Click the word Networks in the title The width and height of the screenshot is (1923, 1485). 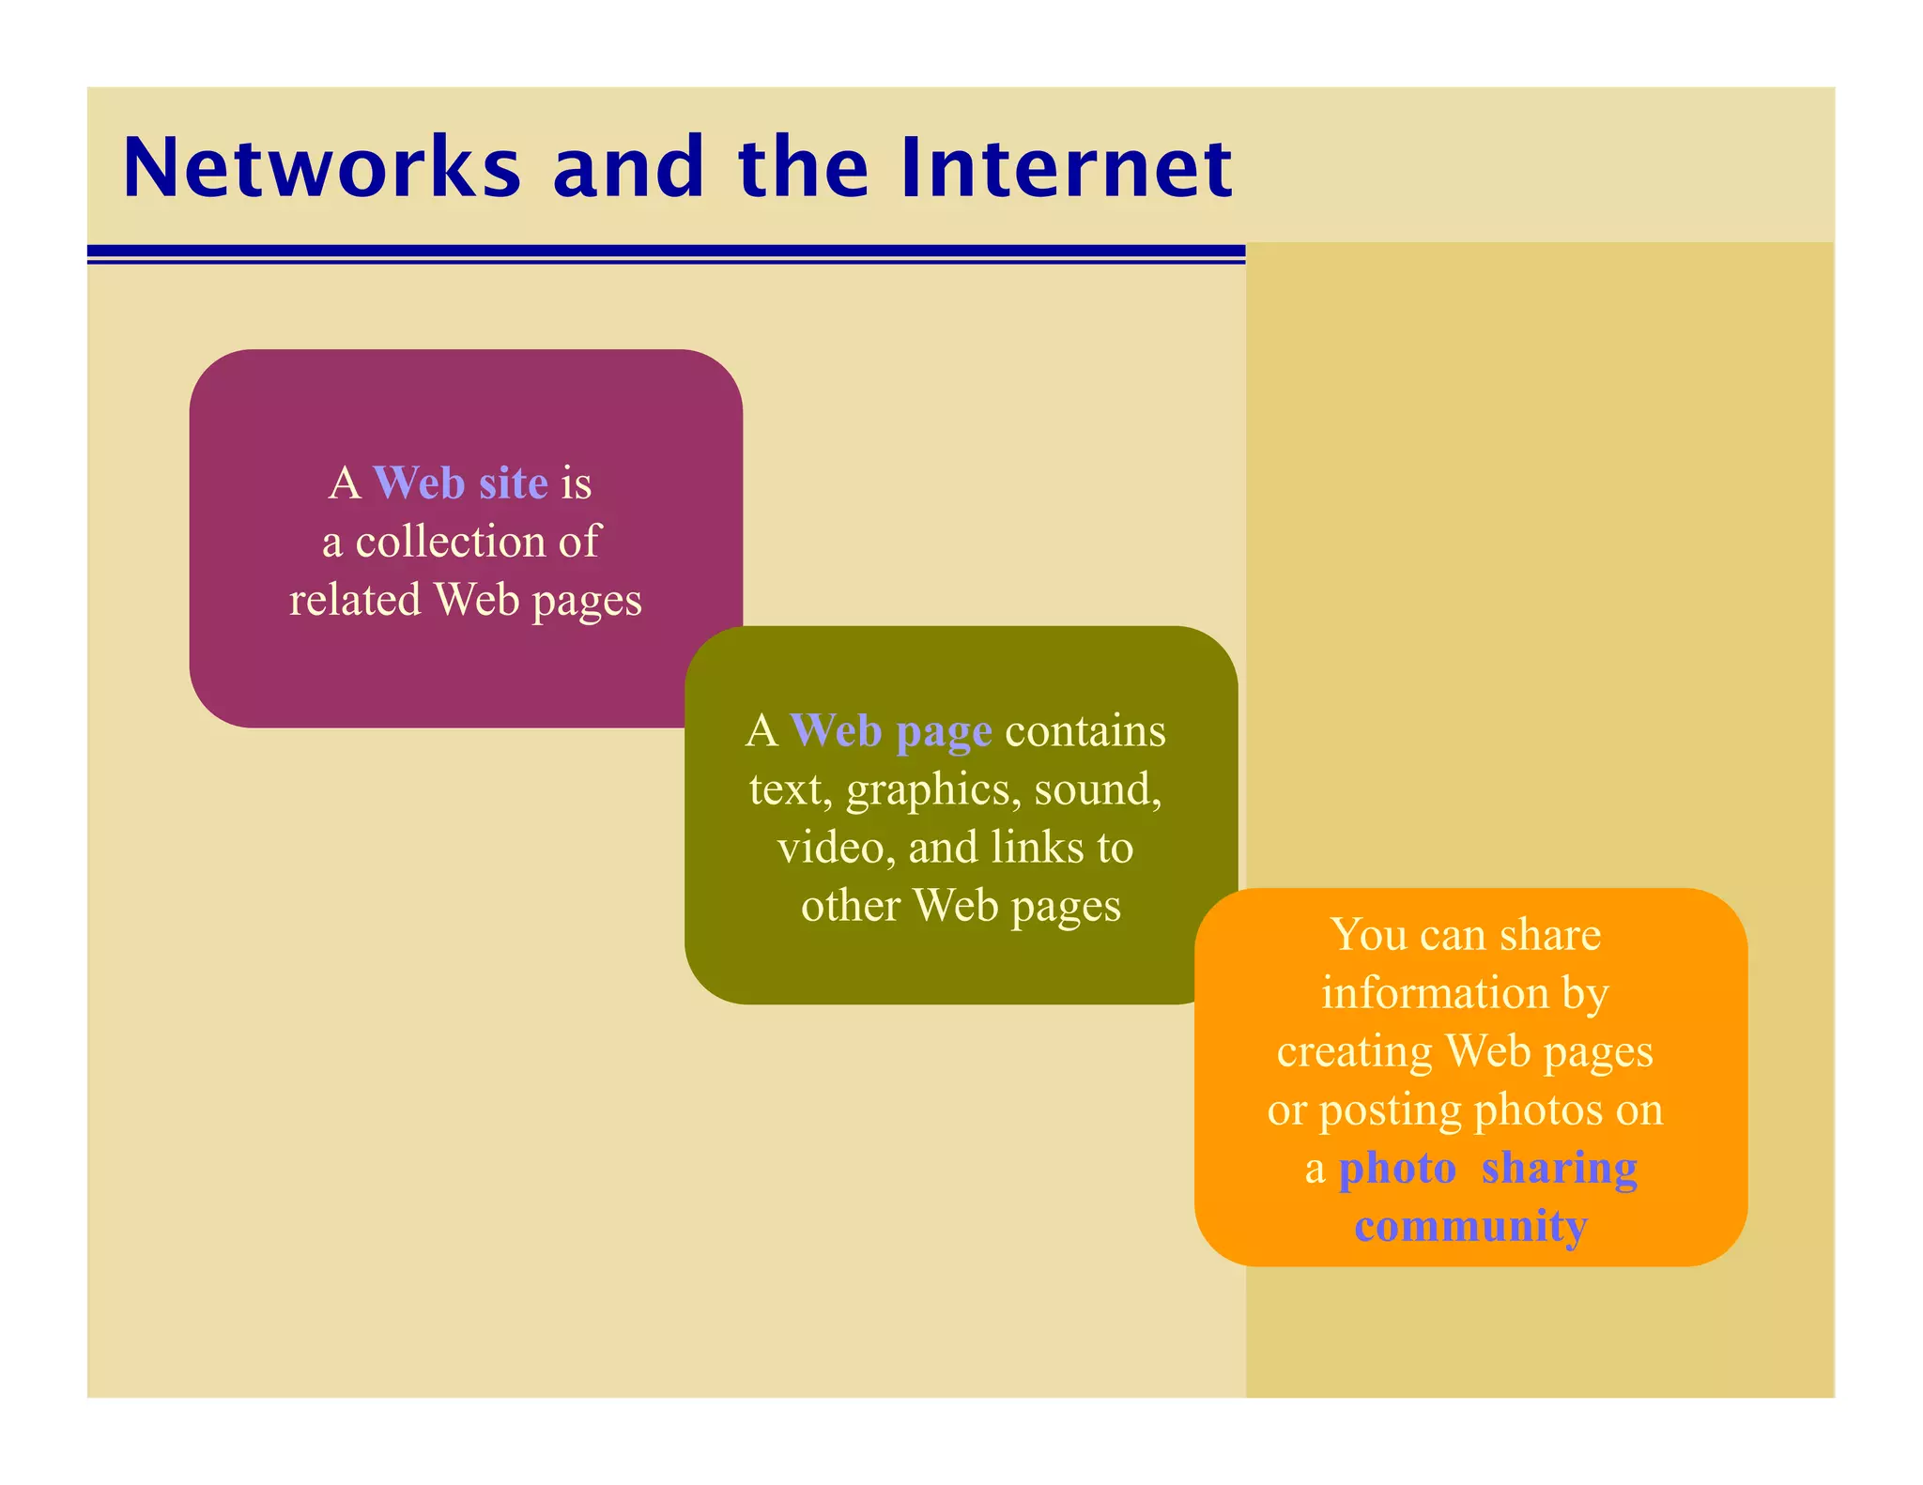pyautogui.click(x=321, y=168)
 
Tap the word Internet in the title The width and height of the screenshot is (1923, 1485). pyautogui.click(x=1065, y=168)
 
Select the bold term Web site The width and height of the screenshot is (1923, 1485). pyautogui.click(x=460, y=483)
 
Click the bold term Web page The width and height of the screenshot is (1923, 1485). pyautogui.click(x=890, y=731)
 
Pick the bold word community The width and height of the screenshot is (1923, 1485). pyautogui.click(x=1470, y=1226)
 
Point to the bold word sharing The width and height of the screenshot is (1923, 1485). pyautogui.click(x=1559, y=1169)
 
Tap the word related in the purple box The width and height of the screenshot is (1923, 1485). pyautogui.click(x=354, y=600)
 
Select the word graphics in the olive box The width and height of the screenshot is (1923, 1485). pyautogui.click(x=932, y=790)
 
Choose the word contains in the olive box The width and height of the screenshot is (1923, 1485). pyautogui.click(x=1085, y=731)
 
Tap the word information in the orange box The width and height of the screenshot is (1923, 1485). pyautogui.click(x=1434, y=993)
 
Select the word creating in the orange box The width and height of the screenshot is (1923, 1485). pyautogui.click(x=1354, y=1051)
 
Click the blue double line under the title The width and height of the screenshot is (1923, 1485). pyautogui.click(x=666, y=253)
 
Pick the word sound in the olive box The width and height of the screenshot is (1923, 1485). pyautogui.click(x=1096, y=789)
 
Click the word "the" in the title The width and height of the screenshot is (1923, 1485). pyautogui.click(x=804, y=168)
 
